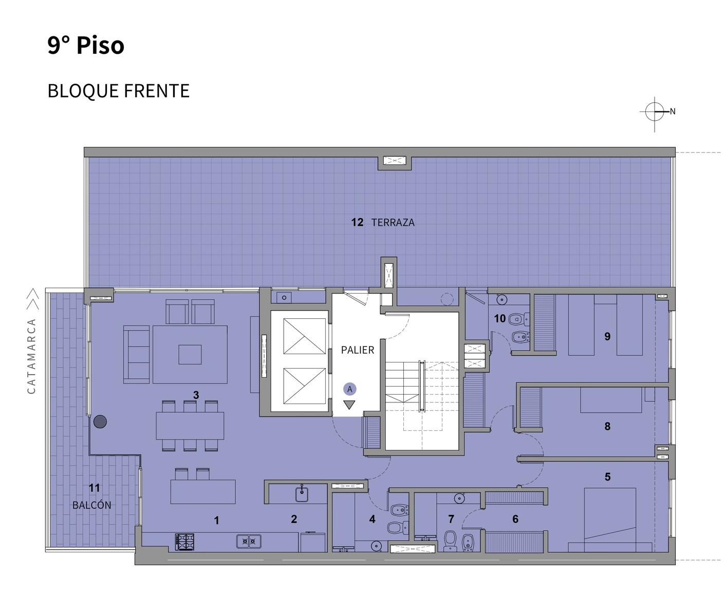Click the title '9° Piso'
pos(86,46)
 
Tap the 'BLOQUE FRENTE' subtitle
pos(119,91)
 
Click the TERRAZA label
pos(393,222)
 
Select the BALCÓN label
pos(92,505)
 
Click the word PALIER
pos(358,350)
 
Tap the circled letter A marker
pos(350,389)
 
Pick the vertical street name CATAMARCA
pos(31,356)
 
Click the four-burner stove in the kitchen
pos(185,542)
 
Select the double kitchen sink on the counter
pos(249,542)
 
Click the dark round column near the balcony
pos(100,421)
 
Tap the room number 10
pos(500,318)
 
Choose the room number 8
pos(607,427)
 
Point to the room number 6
pos(515,519)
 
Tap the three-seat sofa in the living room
pos(137,354)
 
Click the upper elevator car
pos(305,336)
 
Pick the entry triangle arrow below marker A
pos(349,405)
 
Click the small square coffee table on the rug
pos(190,355)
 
